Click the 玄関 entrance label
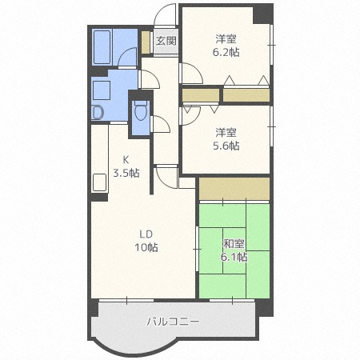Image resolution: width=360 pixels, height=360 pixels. coord(166,40)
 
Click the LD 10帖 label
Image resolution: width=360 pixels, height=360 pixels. coord(146,241)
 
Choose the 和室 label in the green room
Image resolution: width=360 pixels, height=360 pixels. coord(234,245)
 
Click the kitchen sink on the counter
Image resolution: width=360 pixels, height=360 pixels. coord(99,182)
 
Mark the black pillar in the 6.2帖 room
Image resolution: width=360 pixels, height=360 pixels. coord(262,14)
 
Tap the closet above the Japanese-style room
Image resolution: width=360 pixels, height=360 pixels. coord(234,190)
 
